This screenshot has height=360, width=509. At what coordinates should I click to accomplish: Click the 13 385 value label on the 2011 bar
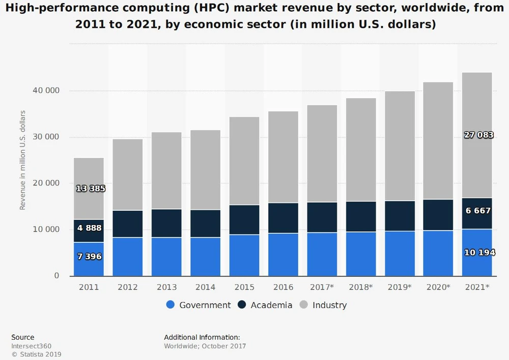pos(91,188)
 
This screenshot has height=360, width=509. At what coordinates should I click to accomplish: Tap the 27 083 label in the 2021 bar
pos(478,135)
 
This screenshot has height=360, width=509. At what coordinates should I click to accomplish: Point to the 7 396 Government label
pos(89,257)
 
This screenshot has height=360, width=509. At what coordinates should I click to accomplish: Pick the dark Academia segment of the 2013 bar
pos(166,223)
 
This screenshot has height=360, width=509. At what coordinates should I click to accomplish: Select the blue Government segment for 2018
pos(361,254)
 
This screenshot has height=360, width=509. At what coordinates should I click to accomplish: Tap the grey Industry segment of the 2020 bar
pos(439,141)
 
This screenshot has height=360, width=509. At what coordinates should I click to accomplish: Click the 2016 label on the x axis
pos(283,287)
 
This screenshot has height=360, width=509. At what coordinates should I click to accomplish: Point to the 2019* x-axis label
pos(400,287)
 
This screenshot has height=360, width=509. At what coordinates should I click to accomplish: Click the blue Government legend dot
pos(171,305)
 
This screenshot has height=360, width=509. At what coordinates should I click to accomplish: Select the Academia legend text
pos(271,305)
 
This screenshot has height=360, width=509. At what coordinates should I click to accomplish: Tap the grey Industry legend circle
pos(303,305)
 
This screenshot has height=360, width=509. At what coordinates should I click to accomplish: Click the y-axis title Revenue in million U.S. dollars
pos(22,159)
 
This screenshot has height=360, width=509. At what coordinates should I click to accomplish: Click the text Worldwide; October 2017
pos(205,346)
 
